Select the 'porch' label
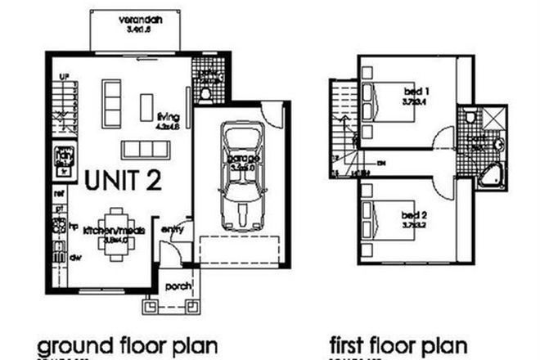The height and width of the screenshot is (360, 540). tap(178, 286)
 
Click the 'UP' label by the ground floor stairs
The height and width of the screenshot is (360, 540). tap(61, 79)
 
